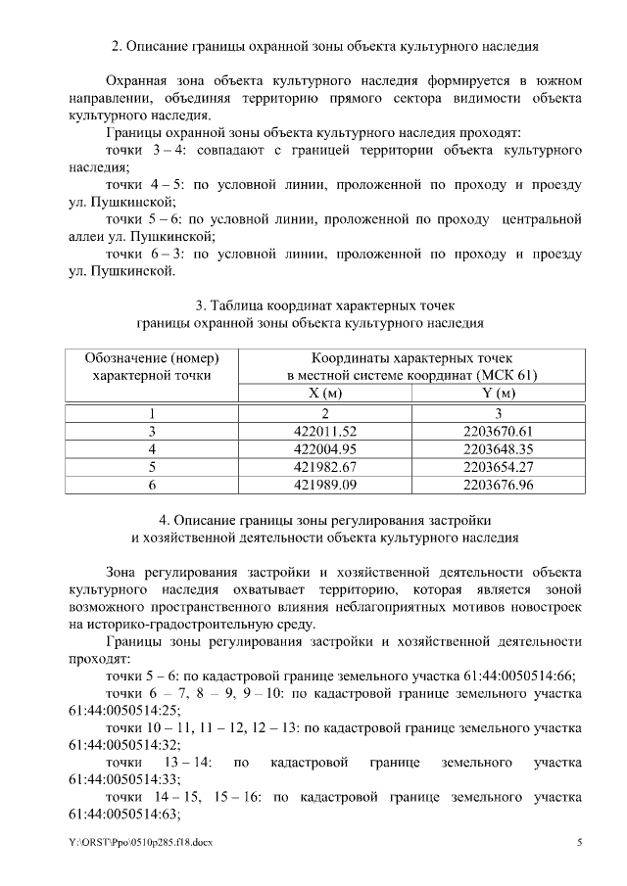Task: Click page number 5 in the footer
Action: (x=580, y=842)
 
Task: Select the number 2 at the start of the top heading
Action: (x=117, y=46)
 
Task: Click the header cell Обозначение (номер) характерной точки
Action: (x=151, y=366)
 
